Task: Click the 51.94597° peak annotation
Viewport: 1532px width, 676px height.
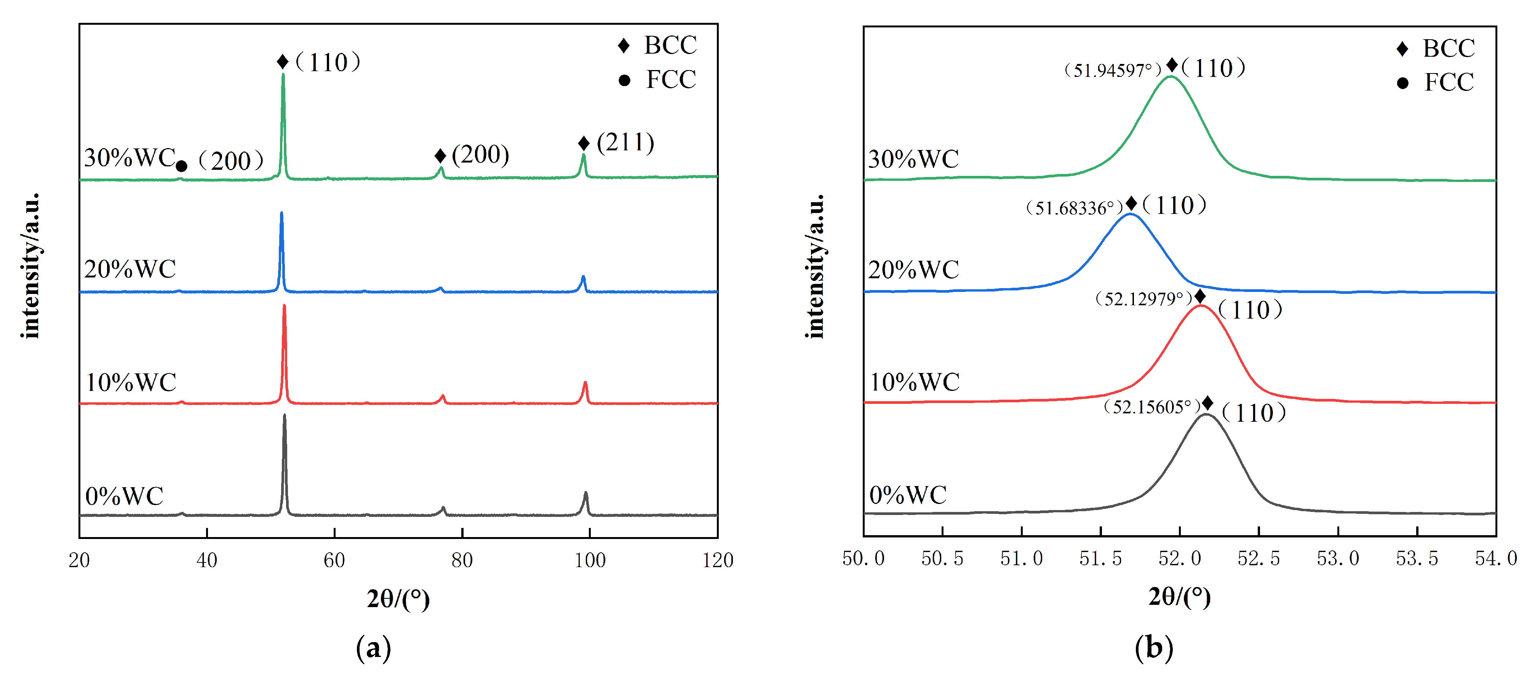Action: click(1112, 70)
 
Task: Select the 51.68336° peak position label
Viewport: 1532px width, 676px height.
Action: click(1074, 208)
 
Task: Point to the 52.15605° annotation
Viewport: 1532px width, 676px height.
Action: click(1152, 407)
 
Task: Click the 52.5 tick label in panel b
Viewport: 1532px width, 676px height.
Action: click(1259, 559)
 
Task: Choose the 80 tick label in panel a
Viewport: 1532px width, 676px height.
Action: click(462, 560)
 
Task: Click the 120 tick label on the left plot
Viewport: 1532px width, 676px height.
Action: click(717, 560)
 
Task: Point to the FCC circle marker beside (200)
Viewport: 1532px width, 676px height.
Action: click(181, 166)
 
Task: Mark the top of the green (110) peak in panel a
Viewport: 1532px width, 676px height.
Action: click(283, 74)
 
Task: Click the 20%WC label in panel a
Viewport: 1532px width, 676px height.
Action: click(130, 269)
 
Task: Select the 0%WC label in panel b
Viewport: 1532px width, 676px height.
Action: click(908, 495)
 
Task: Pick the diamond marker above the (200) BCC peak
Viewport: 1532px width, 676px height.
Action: click(440, 156)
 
